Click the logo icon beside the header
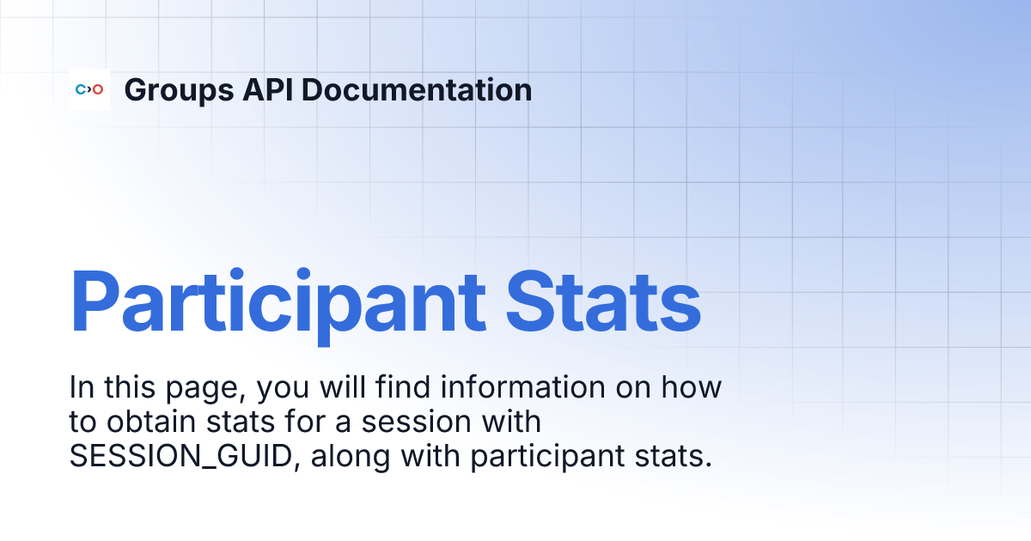[89, 89]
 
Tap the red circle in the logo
[98, 89]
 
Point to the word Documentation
[417, 89]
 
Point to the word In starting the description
[80, 388]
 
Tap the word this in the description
[126, 388]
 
